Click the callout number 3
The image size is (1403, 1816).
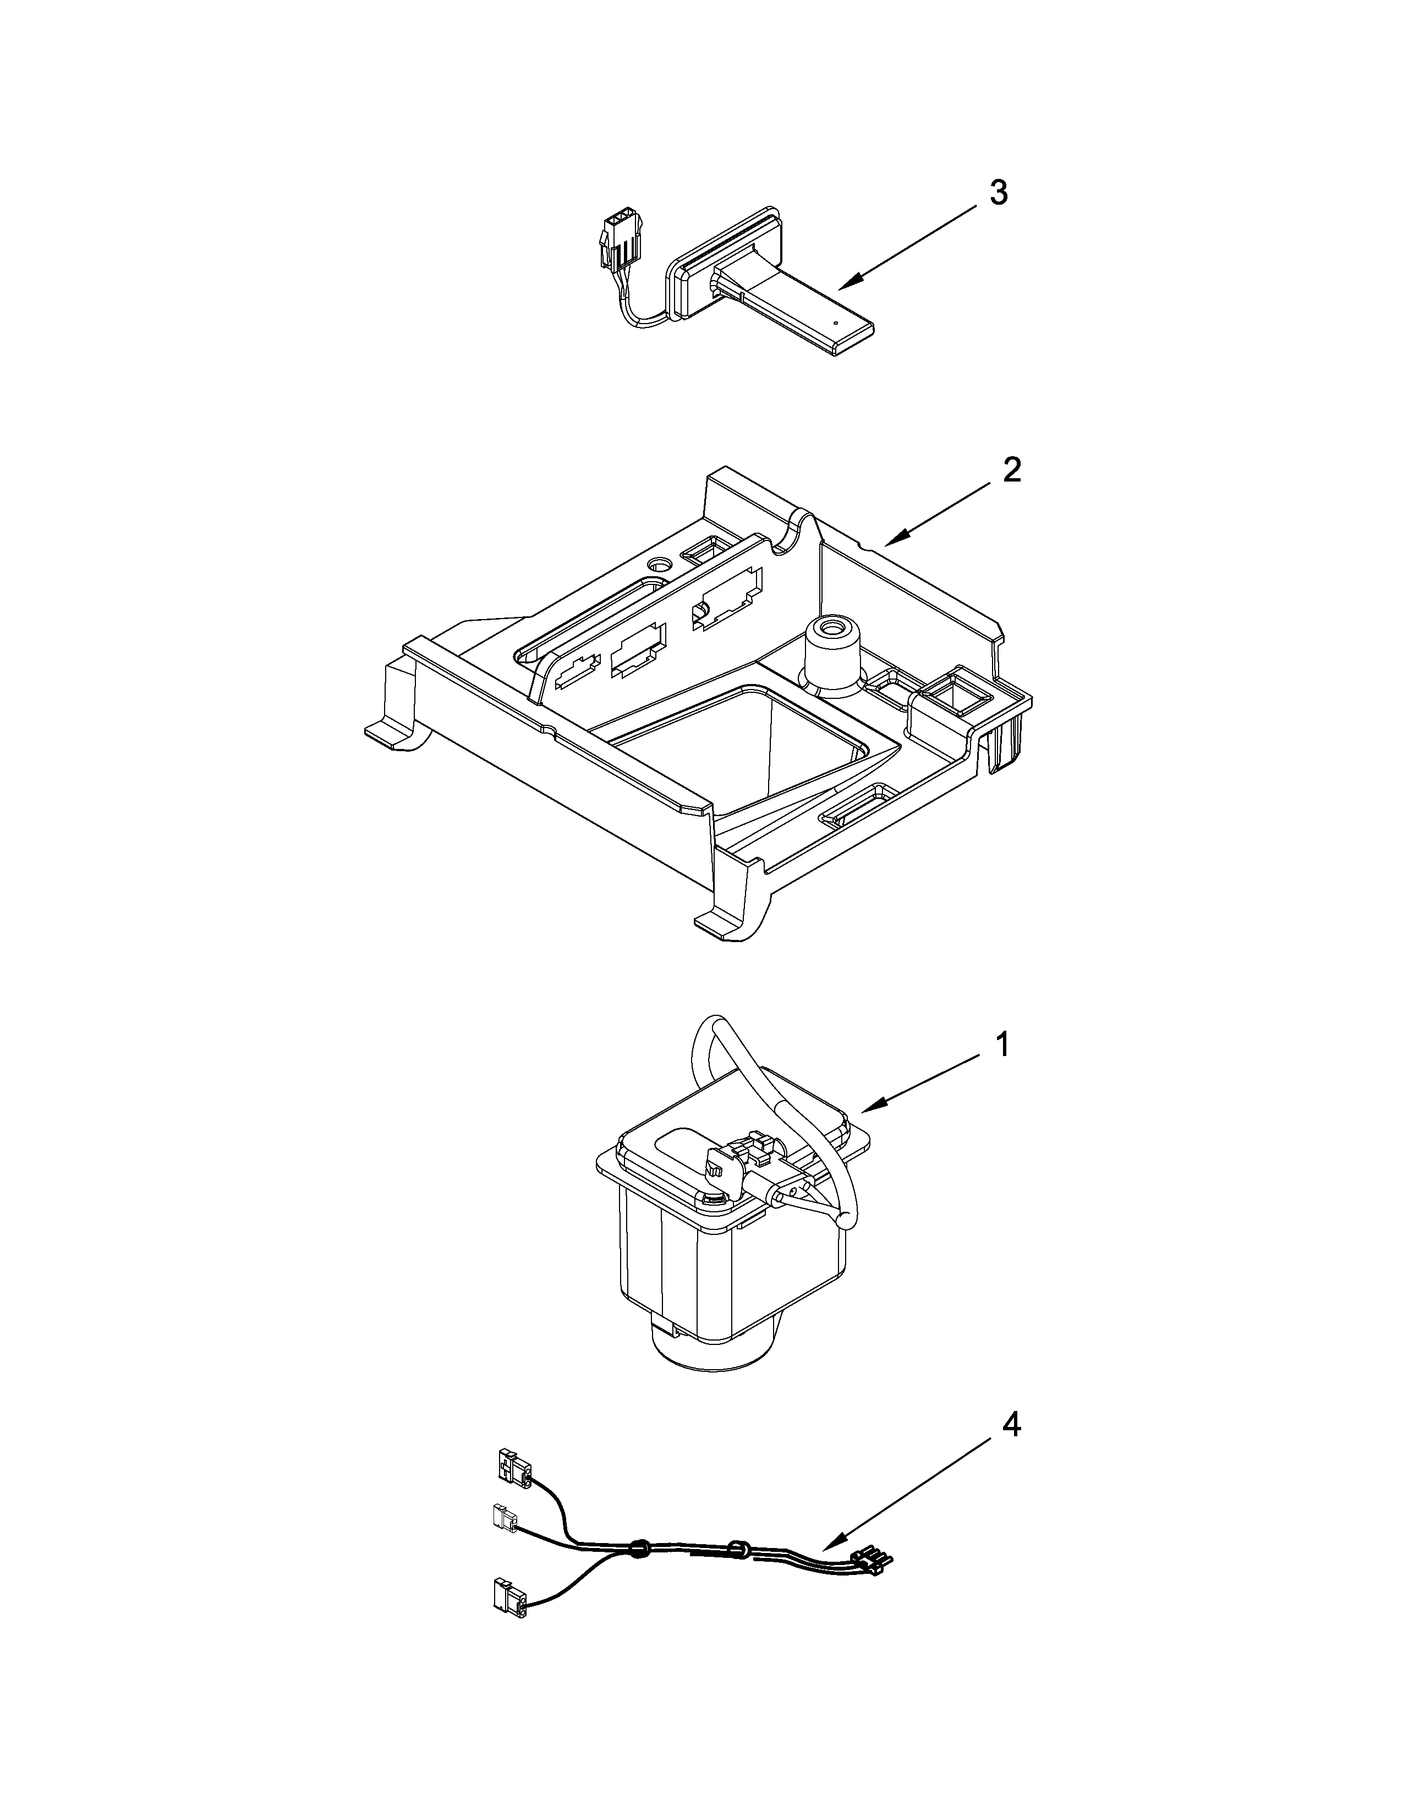pyautogui.click(x=998, y=192)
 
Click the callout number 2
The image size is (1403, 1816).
pyautogui.click(x=1011, y=470)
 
